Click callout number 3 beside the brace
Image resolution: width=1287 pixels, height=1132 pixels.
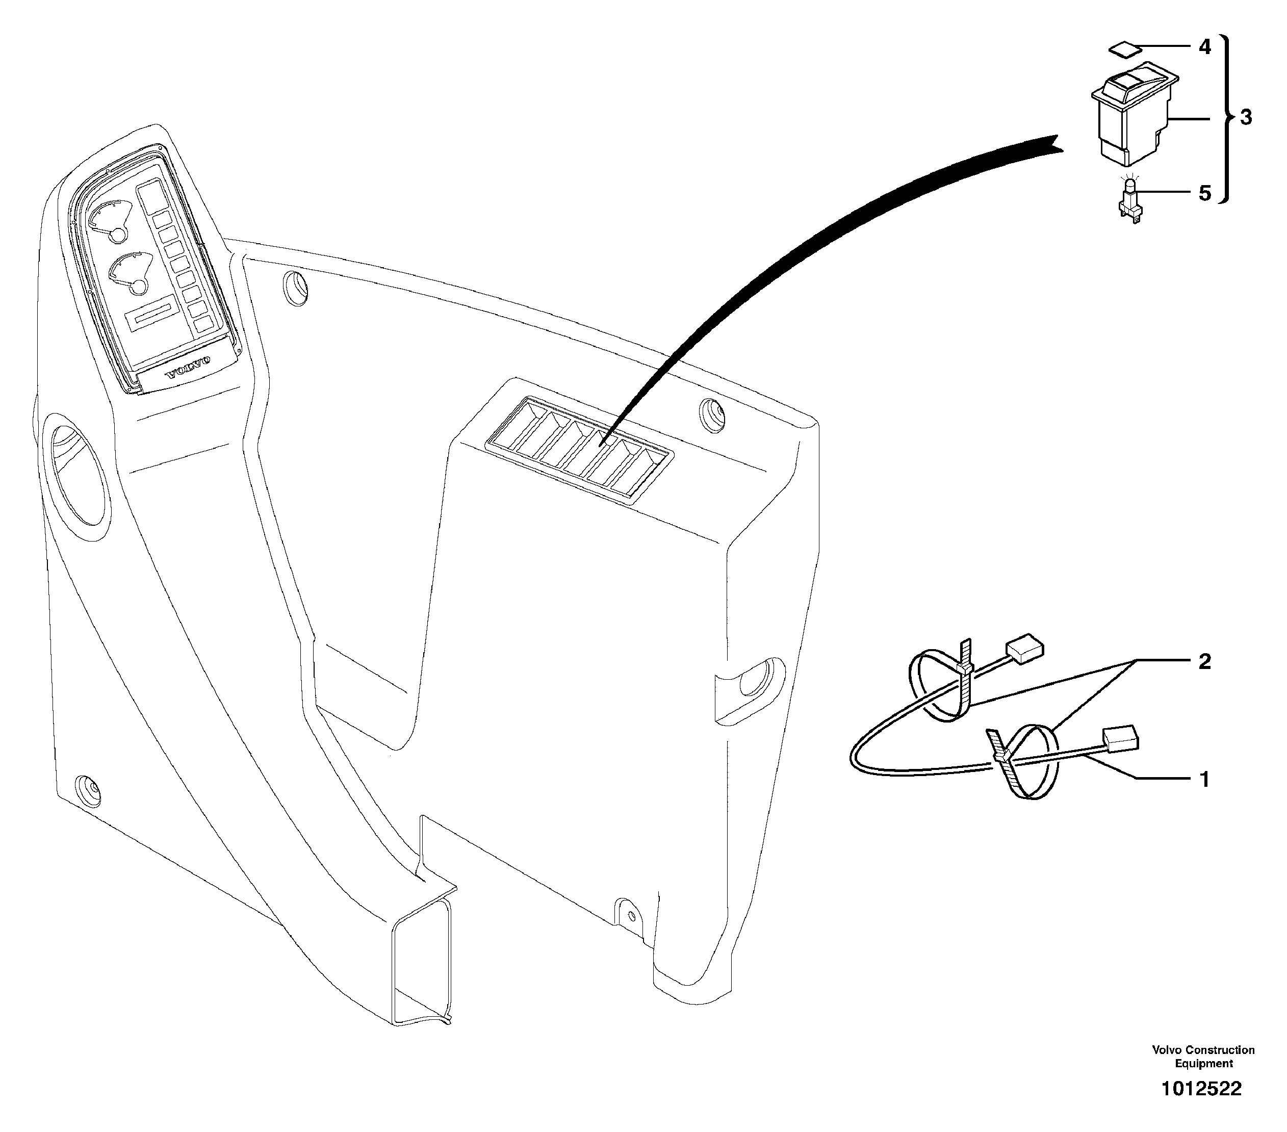[1246, 118]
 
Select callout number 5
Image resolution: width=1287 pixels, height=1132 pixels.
[1204, 193]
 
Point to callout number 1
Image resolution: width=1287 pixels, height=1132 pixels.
[1204, 780]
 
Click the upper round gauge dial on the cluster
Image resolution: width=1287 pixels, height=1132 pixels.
[112, 220]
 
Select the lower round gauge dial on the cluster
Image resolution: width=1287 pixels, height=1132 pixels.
[132, 272]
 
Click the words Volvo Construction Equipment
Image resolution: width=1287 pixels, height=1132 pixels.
[1203, 1057]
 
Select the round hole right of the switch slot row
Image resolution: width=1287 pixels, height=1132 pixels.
[712, 415]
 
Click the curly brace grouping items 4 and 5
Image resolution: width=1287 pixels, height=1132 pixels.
[1225, 118]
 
